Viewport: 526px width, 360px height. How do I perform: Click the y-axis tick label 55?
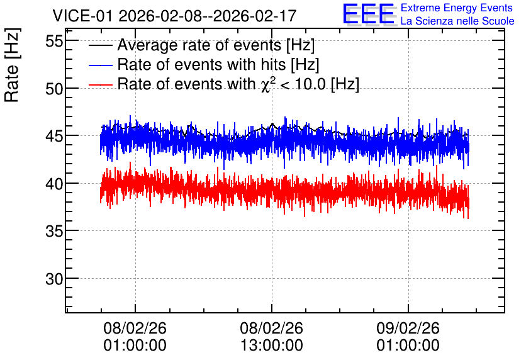pos(54,42)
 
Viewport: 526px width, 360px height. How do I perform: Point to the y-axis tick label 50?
pos(54,89)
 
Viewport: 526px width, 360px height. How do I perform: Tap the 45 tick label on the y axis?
pos(54,137)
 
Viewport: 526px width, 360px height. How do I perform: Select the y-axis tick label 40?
pos(54,184)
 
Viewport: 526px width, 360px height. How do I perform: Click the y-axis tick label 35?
pos(54,231)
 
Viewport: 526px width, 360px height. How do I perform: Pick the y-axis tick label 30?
pos(54,279)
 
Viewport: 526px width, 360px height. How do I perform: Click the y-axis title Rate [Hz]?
pos(12,65)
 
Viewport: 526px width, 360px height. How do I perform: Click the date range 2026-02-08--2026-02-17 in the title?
pos(208,16)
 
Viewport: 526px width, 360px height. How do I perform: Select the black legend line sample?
pos(100,45)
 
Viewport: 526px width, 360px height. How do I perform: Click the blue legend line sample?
pos(100,65)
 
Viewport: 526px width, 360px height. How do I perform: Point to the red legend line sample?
pos(100,84)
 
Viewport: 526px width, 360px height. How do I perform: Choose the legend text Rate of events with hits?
pos(201,64)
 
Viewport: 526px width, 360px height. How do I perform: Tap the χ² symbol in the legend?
pos(267,84)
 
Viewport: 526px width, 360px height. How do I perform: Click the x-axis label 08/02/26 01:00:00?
pos(135,337)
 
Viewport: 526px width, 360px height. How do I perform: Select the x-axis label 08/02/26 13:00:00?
pos(271,337)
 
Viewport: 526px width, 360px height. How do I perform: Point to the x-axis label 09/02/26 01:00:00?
pos(408,337)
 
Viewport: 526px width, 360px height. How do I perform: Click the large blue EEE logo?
pos(369,14)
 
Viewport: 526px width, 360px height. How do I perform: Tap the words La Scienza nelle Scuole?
pos(457,21)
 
